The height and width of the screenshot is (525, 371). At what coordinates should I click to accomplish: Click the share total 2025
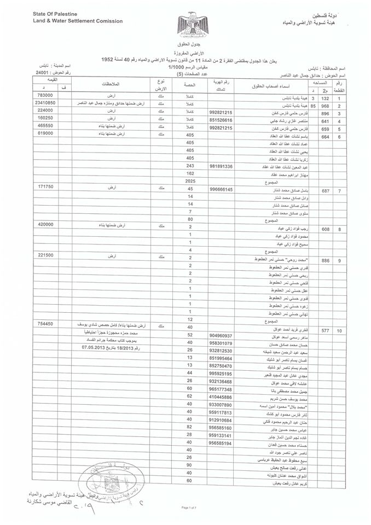(x=191, y=180)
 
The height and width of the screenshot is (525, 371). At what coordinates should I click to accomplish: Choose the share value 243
(x=190, y=166)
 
